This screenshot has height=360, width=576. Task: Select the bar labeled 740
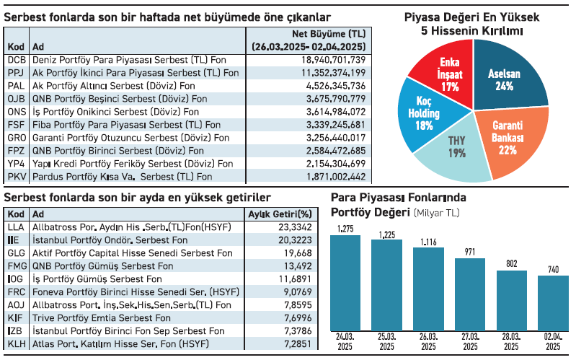[552, 304]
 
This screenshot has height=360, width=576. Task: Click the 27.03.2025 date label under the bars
[469, 342]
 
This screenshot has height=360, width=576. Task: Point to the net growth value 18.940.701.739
[333, 59]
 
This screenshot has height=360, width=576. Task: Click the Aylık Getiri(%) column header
[280, 214]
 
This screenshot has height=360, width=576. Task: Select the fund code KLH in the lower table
[17, 343]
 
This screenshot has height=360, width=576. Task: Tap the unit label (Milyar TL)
[436, 213]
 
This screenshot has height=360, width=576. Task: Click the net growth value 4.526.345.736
[336, 85]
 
